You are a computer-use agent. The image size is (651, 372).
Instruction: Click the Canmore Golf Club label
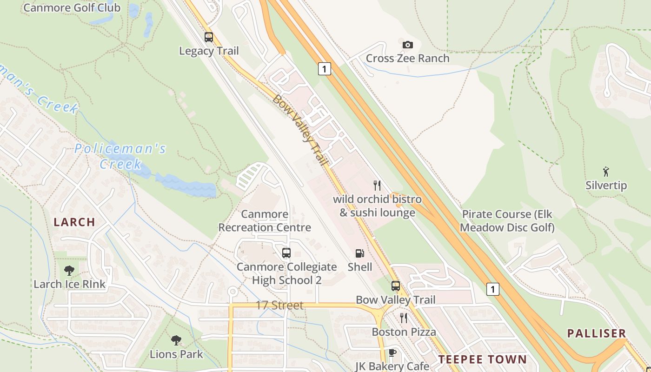pos(72,7)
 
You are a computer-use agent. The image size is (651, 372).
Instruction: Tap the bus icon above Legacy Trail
pos(209,37)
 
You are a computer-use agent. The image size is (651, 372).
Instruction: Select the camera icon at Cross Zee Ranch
pos(407,45)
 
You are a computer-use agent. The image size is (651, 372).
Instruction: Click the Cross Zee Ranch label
pos(407,58)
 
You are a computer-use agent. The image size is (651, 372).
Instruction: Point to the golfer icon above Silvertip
pos(605,172)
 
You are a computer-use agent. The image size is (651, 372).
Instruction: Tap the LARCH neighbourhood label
pos(74,222)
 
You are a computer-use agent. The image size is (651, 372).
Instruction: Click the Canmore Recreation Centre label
pos(265,221)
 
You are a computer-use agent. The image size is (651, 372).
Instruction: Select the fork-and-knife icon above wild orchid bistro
pos(377,186)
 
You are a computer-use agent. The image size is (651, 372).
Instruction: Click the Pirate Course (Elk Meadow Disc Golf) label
pos(508,221)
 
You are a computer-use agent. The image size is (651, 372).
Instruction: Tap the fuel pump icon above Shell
pos(359,253)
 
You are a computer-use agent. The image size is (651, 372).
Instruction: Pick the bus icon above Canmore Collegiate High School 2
pos(286,253)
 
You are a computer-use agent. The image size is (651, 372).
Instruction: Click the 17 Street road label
pos(279,306)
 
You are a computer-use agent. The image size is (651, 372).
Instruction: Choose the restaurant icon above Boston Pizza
pos(404,318)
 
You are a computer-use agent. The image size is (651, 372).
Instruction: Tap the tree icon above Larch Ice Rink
pos(69,270)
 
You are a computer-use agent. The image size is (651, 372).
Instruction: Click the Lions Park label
pos(176,354)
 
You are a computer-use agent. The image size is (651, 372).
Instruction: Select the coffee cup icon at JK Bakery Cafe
pos(392,352)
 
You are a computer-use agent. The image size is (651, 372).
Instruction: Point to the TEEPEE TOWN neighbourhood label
pos(483,359)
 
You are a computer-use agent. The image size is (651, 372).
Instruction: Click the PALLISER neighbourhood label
pos(597,333)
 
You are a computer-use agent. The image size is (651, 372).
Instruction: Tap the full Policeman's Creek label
pos(120,156)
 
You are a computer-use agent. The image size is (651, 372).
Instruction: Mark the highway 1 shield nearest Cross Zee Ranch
pos(325,69)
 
